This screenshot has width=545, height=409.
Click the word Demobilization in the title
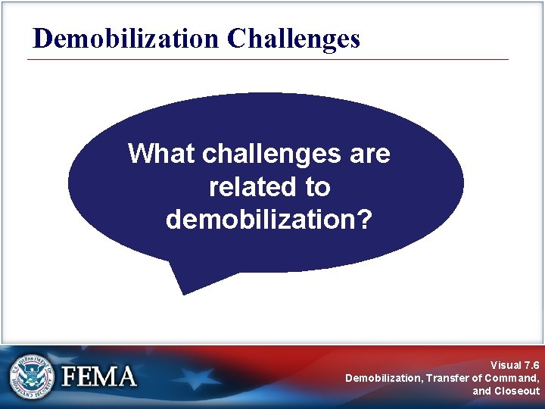125,38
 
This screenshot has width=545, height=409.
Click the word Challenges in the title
293,38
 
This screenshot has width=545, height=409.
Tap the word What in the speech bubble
161,154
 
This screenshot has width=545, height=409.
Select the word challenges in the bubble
271,154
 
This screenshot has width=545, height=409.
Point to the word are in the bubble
369,154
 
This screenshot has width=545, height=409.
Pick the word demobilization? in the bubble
269,219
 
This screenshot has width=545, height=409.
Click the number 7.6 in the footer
531,364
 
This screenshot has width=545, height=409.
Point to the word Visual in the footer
505,364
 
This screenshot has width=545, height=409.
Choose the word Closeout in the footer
517,391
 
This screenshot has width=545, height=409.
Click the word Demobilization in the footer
383,377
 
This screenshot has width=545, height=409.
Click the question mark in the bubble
365,219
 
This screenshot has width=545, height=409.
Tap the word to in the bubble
317,186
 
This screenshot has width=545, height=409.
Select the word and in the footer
481,391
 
